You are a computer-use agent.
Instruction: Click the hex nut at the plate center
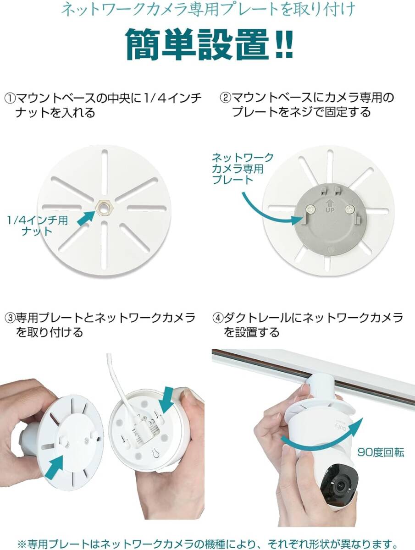104,207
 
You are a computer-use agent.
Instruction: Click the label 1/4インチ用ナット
37,225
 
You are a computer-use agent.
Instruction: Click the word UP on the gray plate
330,210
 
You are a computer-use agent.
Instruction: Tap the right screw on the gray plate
349,209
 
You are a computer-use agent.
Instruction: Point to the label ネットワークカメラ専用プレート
243,169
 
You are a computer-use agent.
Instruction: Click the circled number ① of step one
10,98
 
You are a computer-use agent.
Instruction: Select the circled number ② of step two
225,98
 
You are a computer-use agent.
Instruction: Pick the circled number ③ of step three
10,318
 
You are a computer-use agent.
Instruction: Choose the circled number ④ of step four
218,318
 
